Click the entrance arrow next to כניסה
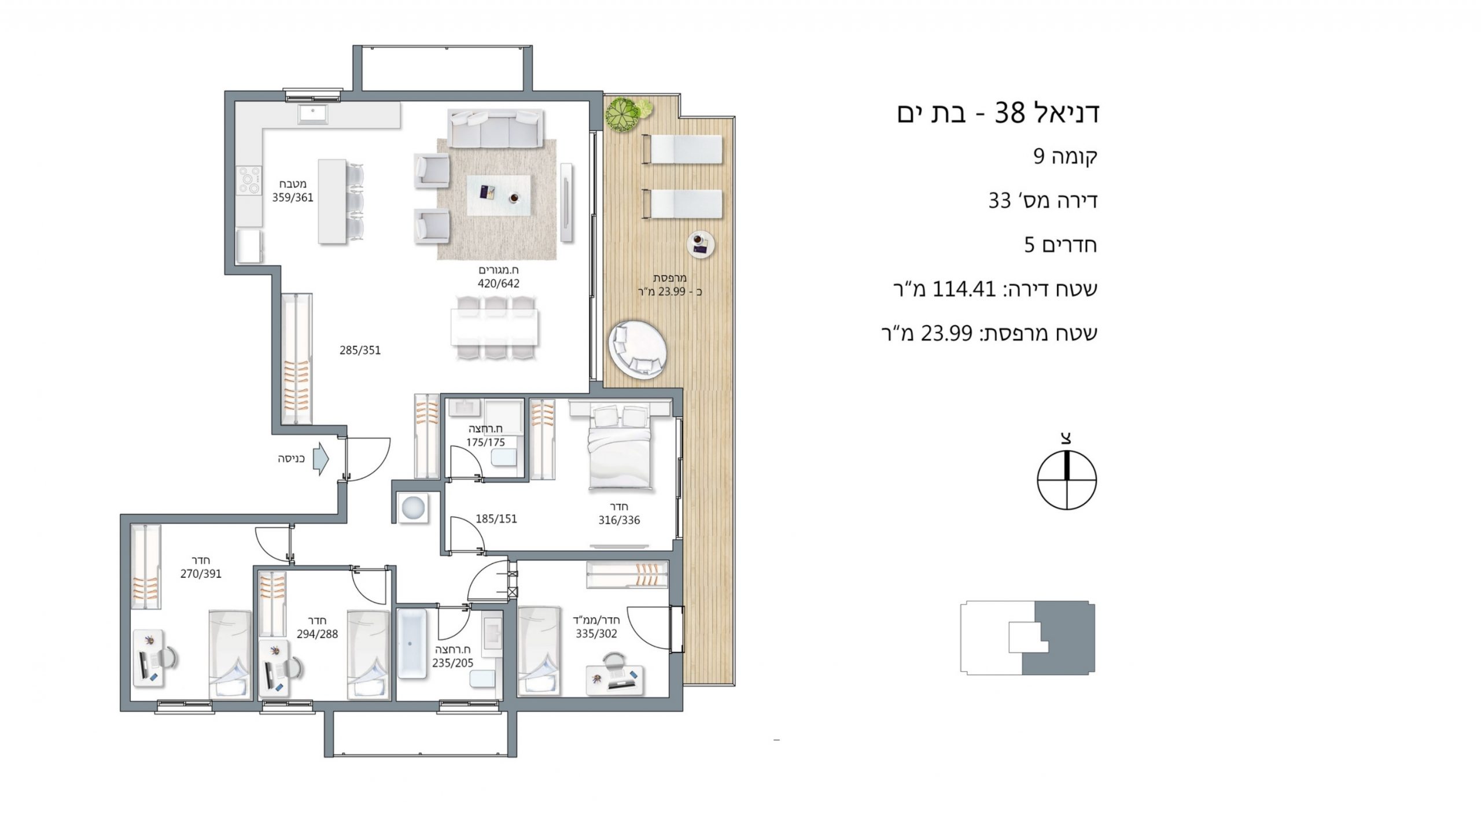click(320, 459)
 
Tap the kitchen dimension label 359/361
click(293, 197)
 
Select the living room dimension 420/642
click(499, 283)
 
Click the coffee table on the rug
click(498, 196)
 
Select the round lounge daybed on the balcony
click(638, 349)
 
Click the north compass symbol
click(1067, 481)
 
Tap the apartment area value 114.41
click(964, 289)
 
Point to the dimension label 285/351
click(360, 350)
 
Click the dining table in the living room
click(495, 328)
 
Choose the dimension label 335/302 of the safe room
click(596, 633)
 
